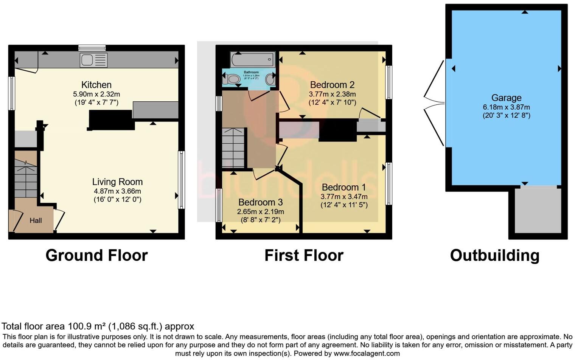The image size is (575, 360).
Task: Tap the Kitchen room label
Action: pyautogui.click(x=96, y=85)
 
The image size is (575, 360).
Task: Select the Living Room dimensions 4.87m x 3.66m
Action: pyautogui.click(x=117, y=191)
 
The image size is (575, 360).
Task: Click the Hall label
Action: pyautogui.click(x=36, y=220)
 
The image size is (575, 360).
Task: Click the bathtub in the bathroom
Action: pyautogui.click(x=253, y=59)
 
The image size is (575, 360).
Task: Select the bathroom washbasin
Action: pyautogui.click(x=270, y=79)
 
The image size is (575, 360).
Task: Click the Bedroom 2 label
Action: pyautogui.click(x=332, y=85)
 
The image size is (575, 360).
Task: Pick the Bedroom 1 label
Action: pyautogui.click(x=344, y=187)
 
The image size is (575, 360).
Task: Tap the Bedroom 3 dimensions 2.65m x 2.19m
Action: pyautogui.click(x=260, y=212)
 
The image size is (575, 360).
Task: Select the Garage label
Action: pyautogui.click(x=506, y=98)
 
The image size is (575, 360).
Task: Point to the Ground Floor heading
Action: pyautogui.click(x=96, y=256)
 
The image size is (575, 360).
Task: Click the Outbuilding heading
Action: pyautogui.click(x=494, y=256)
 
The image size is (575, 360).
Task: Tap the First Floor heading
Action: pyautogui.click(x=304, y=256)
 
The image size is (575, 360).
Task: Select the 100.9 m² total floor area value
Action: pyautogui.click(x=87, y=326)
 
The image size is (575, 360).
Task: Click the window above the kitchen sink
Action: pyautogui.click(x=92, y=48)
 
